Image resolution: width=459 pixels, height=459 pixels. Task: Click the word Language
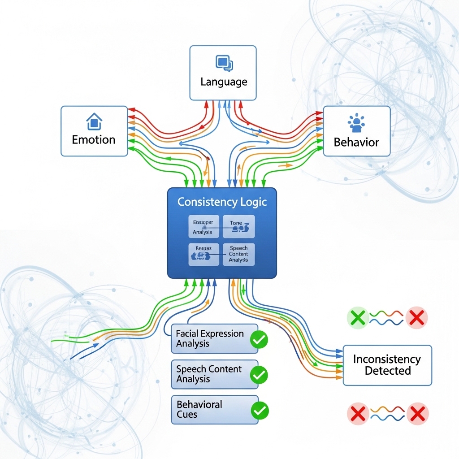pos(223,82)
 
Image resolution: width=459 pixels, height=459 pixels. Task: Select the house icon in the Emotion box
pos(94,121)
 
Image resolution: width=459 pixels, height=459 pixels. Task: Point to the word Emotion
pos(94,139)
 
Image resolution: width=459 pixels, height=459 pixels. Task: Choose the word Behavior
pos(356,143)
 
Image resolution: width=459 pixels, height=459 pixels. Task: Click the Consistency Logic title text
pos(222,202)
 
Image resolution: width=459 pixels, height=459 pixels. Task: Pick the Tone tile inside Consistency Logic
pos(238,226)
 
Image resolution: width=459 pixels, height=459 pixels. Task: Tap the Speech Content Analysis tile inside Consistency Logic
pos(238,254)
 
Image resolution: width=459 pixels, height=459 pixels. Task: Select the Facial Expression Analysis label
pos(210,339)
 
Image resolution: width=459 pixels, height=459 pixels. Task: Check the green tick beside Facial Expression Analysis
pos(259,340)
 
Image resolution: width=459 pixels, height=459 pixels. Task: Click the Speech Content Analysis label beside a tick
pos(209,374)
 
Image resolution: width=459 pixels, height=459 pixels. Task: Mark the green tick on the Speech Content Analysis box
pos(259,375)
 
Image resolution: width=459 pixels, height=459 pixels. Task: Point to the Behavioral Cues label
pos(199,409)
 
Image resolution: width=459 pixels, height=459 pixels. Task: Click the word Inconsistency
pos(387,359)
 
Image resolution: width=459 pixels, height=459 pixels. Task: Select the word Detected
pos(388,371)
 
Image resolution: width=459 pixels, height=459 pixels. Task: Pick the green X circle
pos(358,318)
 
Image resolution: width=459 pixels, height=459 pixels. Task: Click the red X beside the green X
pos(417,318)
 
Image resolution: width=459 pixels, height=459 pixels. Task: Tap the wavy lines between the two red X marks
pos(388,413)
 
